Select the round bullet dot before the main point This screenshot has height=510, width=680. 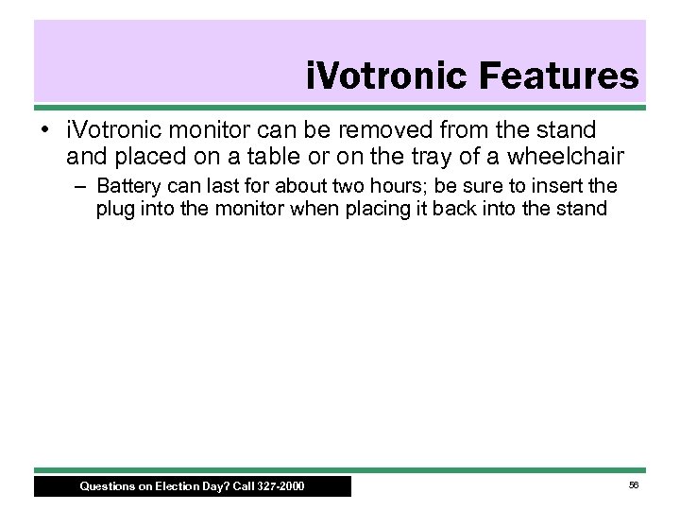coord(45,127)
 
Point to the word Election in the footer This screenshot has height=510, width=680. coord(172,487)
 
